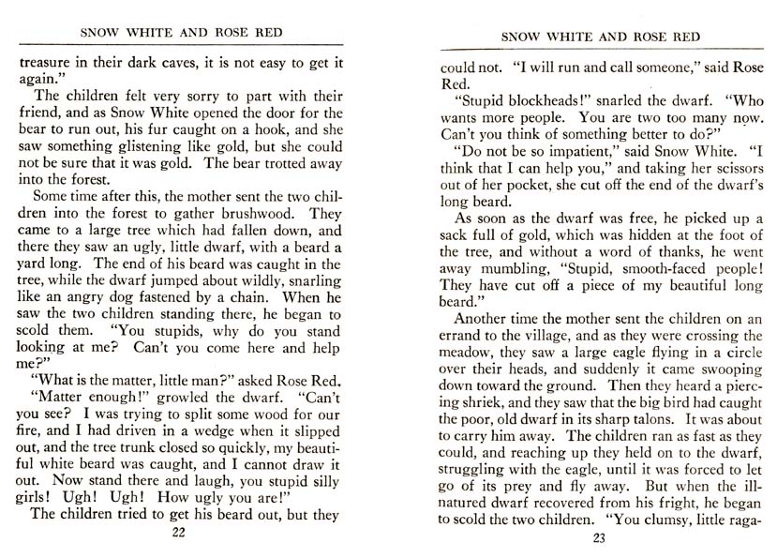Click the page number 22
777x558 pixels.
(x=180, y=534)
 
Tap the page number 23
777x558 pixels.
(x=600, y=538)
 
